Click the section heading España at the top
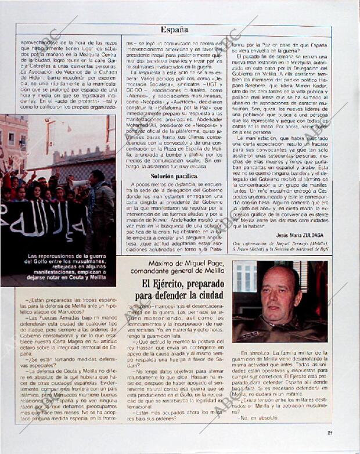[174, 29]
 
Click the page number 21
[330, 432]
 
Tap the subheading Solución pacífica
[174, 176]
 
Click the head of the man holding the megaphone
[96, 176]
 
